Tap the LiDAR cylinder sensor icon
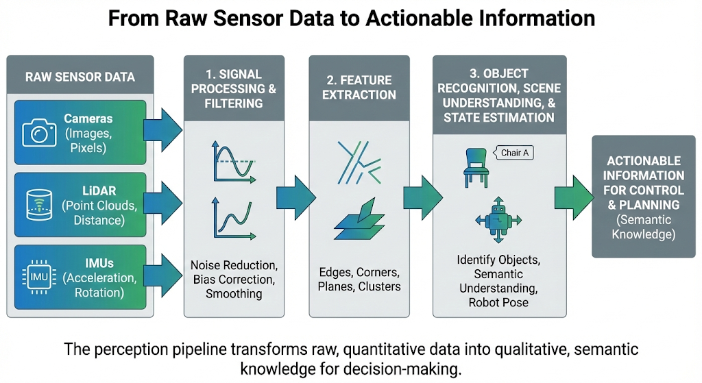click(x=38, y=203)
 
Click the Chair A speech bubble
click(x=514, y=153)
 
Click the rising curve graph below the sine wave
click(x=233, y=218)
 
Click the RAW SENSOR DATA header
click(x=81, y=76)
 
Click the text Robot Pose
click(x=497, y=301)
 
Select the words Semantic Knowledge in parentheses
click(x=643, y=227)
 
